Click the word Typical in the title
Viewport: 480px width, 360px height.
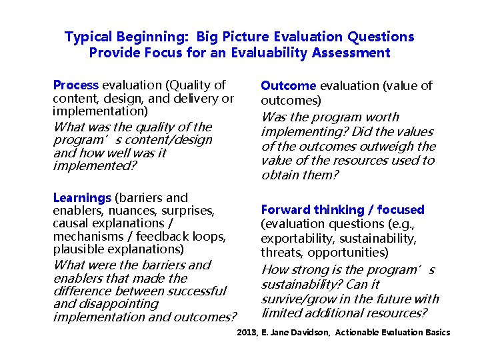pyautogui.click(x=89, y=37)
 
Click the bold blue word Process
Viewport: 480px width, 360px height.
pyautogui.click(x=75, y=85)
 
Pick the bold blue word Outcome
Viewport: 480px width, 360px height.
pyautogui.click(x=288, y=86)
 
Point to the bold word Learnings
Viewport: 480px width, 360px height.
pyautogui.click(x=82, y=198)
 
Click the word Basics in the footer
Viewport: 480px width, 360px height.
pyautogui.click(x=437, y=333)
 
